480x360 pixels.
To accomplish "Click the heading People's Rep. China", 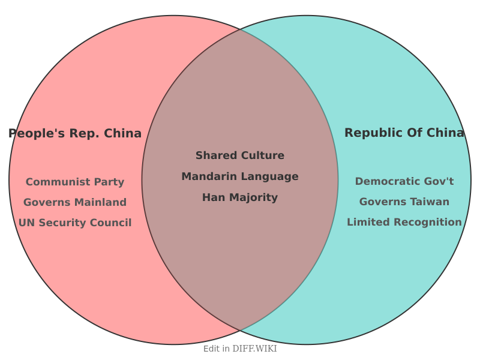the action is (75, 133).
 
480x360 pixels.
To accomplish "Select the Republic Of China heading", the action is (404, 133).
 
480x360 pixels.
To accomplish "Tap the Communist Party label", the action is (75, 182).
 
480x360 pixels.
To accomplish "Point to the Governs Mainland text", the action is (75, 202).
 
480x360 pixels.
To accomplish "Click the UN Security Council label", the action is (75, 223).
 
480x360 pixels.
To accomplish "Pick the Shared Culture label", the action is (240, 155).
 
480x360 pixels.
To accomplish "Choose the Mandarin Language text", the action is (240, 176).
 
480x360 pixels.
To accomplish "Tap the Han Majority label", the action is (240, 197).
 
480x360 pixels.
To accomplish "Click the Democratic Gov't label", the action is (404, 181).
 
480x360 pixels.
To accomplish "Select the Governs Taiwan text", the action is (404, 202).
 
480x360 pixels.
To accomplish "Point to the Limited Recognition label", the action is (404, 222).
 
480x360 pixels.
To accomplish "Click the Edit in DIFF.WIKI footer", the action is (240, 349).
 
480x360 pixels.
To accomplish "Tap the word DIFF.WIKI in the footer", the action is (255, 349).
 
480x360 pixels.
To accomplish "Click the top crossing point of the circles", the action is (240, 29).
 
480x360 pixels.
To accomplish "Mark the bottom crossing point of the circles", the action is (240, 331).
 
